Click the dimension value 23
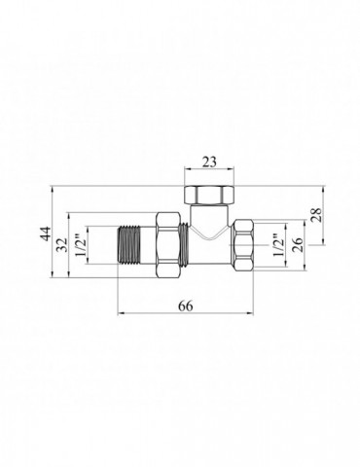tap(209, 162)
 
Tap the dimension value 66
tap(186, 305)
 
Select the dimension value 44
tap(46, 233)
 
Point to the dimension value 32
tap(61, 245)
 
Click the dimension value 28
tap(317, 214)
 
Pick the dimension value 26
tap(298, 245)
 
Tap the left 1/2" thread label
tap(81, 245)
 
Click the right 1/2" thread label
tap(278, 245)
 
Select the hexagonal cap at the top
tap(209, 195)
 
